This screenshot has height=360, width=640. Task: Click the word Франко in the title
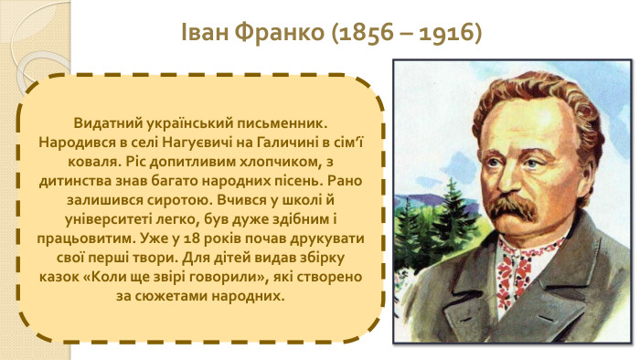click(x=273, y=34)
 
